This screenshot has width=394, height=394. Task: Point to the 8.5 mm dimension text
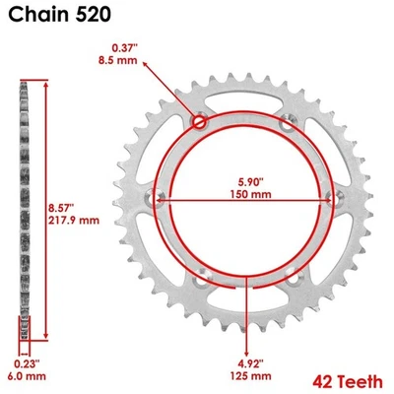[x=125, y=62]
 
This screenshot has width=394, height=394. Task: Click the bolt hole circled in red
[x=201, y=122]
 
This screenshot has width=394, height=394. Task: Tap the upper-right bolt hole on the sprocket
[x=287, y=123]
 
